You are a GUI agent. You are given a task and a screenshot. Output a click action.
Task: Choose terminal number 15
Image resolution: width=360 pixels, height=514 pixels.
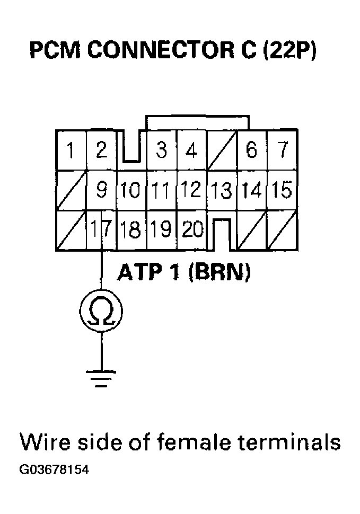pyautogui.click(x=283, y=190)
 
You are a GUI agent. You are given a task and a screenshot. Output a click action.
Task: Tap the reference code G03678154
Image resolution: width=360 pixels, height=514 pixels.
pyautogui.click(x=54, y=470)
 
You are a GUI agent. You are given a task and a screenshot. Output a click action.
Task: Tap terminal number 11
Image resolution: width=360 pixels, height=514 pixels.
pyautogui.click(x=161, y=190)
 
